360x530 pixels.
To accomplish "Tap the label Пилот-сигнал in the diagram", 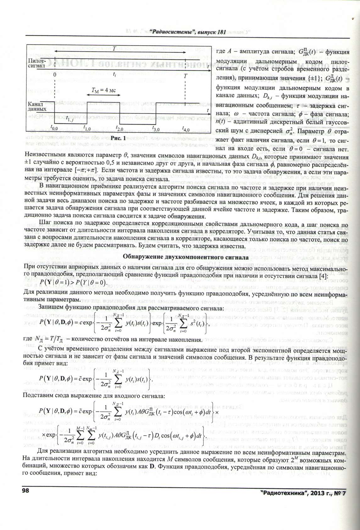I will [37, 63].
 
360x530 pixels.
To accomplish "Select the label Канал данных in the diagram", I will [37, 106].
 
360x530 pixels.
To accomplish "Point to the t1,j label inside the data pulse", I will [70, 118].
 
